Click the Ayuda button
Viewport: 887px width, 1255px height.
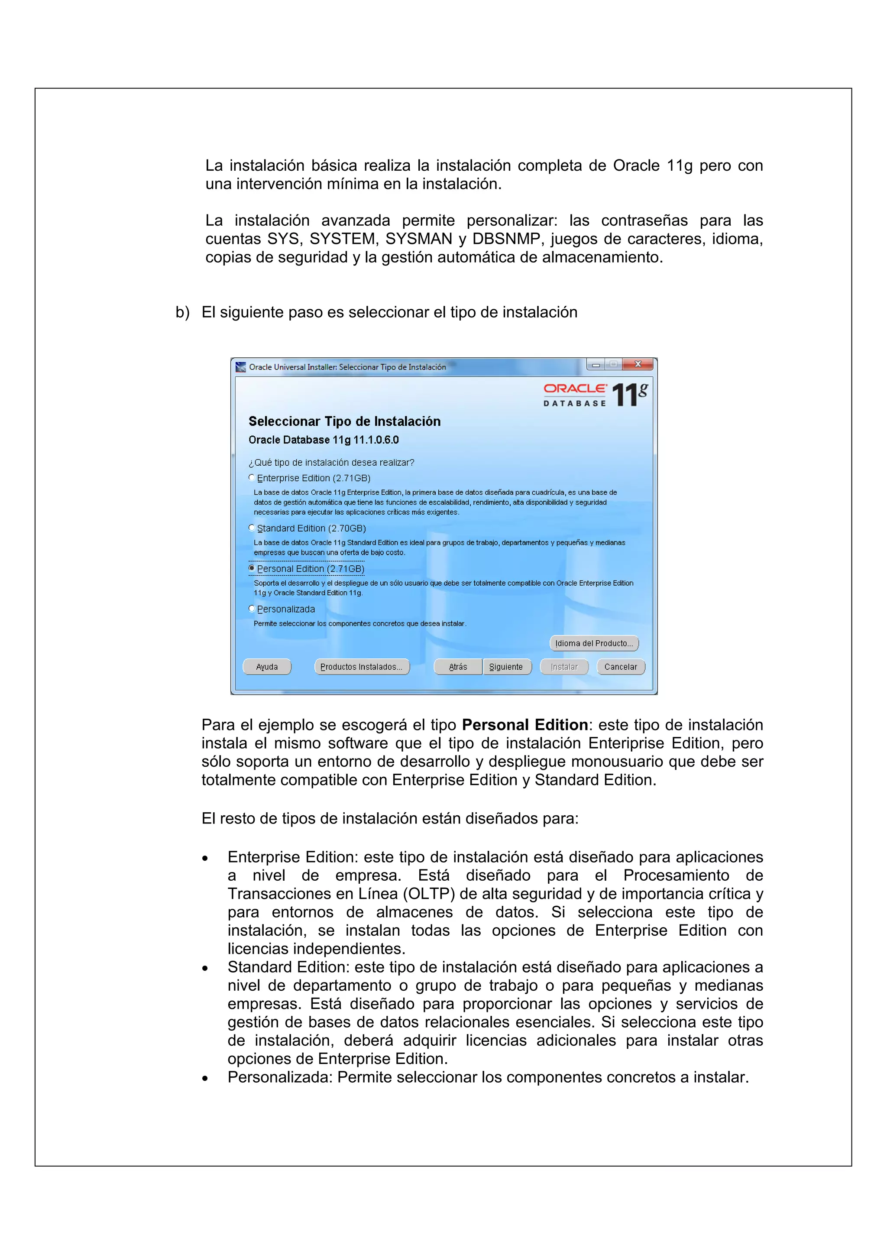point(267,667)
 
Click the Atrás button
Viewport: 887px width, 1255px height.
point(458,667)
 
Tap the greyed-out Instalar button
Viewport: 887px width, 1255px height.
point(564,667)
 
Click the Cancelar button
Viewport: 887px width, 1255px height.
point(621,667)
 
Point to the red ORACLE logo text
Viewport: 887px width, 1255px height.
point(574,389)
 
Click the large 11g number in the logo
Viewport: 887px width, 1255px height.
point(629,394)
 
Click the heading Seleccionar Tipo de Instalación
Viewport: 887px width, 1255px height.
point(344,422)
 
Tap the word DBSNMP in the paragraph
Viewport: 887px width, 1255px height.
point(506,239)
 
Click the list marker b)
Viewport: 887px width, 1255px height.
point(182,312)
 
